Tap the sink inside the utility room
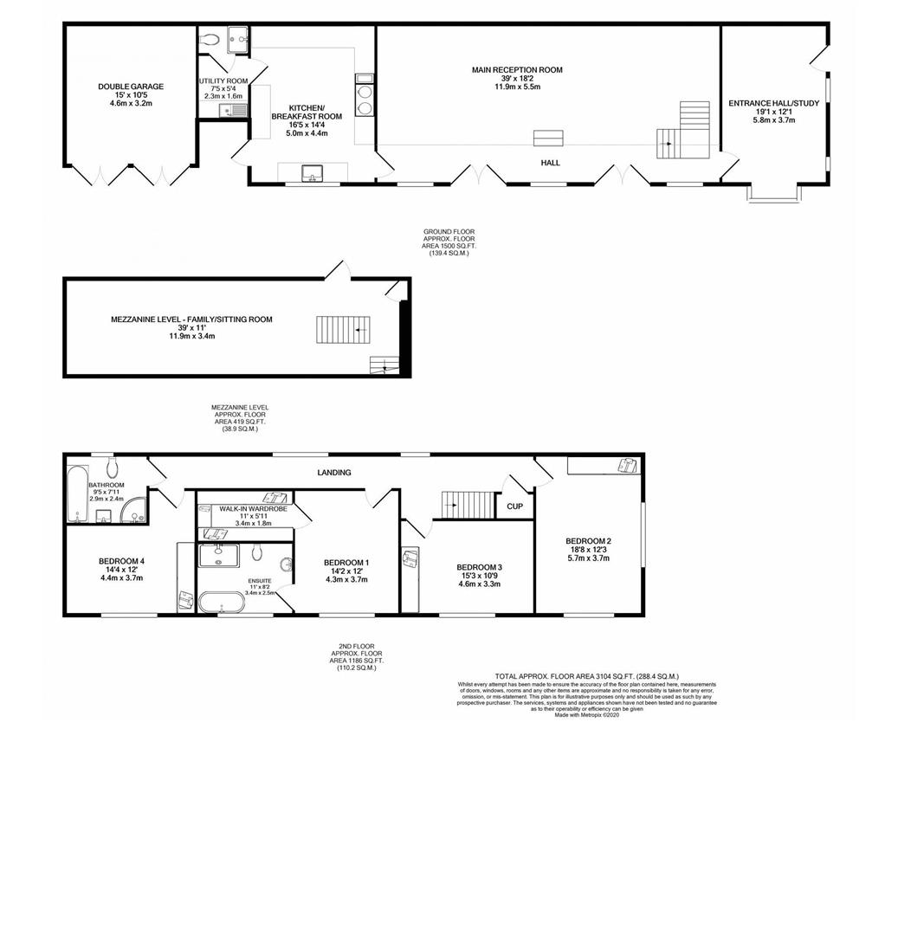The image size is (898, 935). click(x=233, y=110)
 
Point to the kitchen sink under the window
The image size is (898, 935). click(x=312, y=171)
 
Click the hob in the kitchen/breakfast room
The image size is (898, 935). click(x=364, y=100)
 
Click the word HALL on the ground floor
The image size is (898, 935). click(x=550, y=163)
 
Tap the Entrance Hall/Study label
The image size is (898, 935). click(x=773, y=104)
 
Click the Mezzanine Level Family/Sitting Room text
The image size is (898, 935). click(x=191, y=319)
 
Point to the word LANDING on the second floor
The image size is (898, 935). click(x=334, y=473)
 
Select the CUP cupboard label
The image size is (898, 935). click(x=514, y=506)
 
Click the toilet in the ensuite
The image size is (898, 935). click(x=258, y=552)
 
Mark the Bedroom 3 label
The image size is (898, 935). click(x=480, y=567)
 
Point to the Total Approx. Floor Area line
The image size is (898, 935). click(x=586, y=676)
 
